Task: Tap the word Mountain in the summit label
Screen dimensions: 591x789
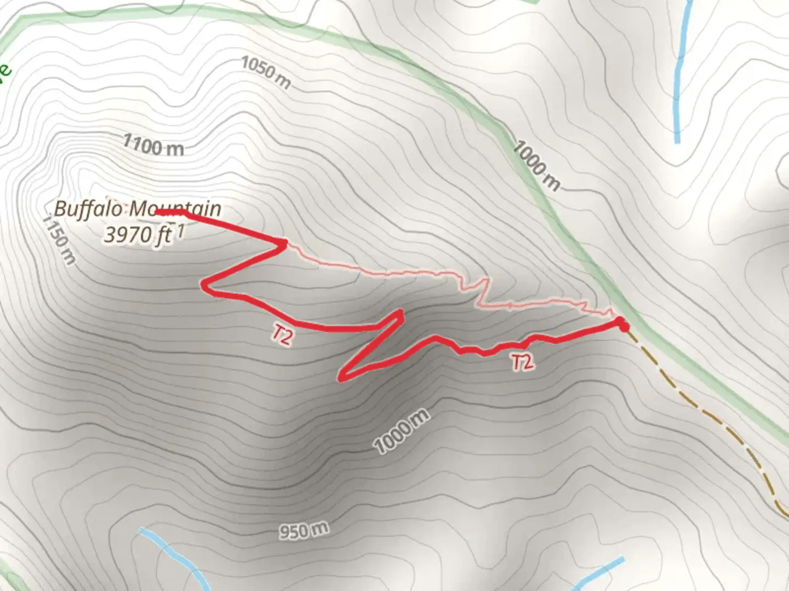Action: (x=175, y=209)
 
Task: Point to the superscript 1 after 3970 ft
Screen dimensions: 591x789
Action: (x=180, y=232)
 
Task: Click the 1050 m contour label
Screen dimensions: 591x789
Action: (x=266, y=73)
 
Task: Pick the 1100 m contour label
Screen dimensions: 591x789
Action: (x=153, y=146)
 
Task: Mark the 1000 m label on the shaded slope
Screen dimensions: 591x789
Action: (x=402, y=431)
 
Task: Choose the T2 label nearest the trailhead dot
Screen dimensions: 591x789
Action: (x=522, y=362)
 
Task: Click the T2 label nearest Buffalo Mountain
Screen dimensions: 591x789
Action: (x=282, y=335)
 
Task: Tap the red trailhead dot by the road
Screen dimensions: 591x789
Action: (x=623, y=326)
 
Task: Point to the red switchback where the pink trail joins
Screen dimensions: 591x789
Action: (x=284, y=242)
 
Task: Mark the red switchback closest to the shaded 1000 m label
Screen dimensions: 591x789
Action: (x=342, y=378)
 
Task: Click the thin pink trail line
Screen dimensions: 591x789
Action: (x=384, y=272)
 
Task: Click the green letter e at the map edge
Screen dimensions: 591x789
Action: (x=4, y=71)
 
